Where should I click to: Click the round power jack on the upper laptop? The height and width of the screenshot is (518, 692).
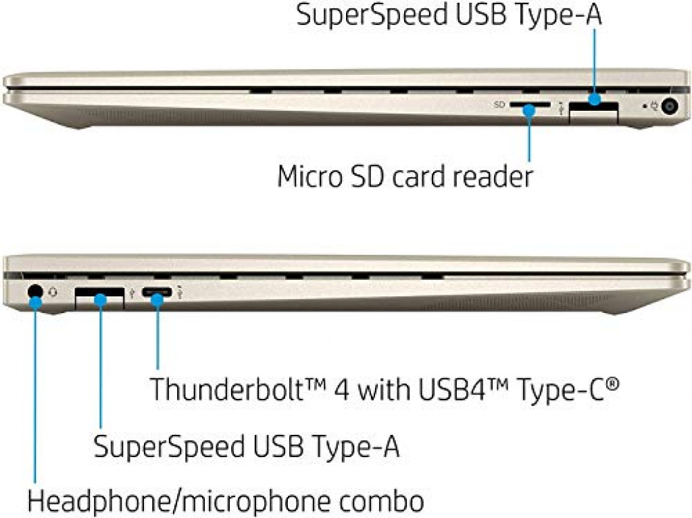tap(670, 107)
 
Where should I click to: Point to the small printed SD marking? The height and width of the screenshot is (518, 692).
tap(499, 105)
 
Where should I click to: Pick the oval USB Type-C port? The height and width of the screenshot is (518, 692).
tap(157, 295)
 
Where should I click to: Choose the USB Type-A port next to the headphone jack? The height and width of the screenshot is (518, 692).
tap(99, 296)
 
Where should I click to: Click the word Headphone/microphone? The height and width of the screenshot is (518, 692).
tap(176, 501)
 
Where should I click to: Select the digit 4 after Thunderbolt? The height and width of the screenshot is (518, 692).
tap(346, 389)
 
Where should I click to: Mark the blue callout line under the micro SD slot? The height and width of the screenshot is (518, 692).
tap(529, 139)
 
